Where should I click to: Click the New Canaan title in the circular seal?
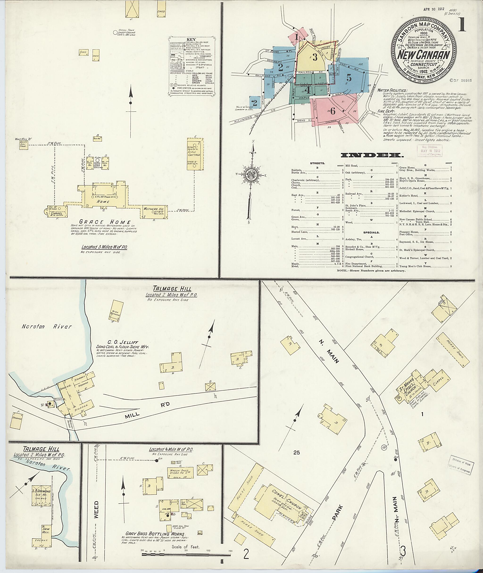tap(424, 55)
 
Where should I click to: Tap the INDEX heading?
tap(371, 155)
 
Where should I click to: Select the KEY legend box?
tap(192, 66)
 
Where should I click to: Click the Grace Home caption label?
tap(105, 222)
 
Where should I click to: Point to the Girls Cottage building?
tap(194, 154)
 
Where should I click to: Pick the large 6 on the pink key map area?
tap(332, 111)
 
